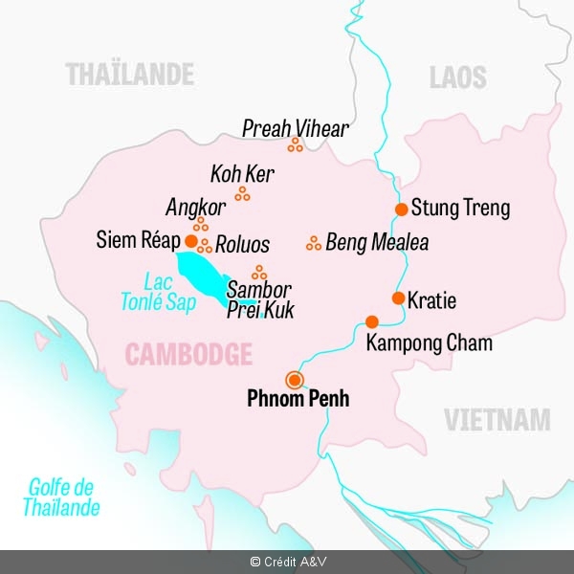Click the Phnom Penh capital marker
(x=294, y=378)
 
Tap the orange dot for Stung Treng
(x=402, y=209)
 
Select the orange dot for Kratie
(x=398, y=298)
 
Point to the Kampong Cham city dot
(x=372, y=321)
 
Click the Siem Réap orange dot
(x=190, y=241)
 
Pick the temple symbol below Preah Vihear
(x=296, y=145)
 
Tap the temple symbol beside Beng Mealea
(x=313, y=243)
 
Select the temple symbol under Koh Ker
(x=243, y=194)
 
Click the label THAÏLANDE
(x=129, y=74)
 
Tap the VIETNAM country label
(x=497, y=419)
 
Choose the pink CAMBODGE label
(x=188, y=356)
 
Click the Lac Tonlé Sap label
(x=158, y=293)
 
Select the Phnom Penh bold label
(x=298, y=399)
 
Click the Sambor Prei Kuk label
(x=259, y=299)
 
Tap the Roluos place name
(x=242, y=244)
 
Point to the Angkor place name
(x=195, y=208)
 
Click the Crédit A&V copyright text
(x=286, y=563)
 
